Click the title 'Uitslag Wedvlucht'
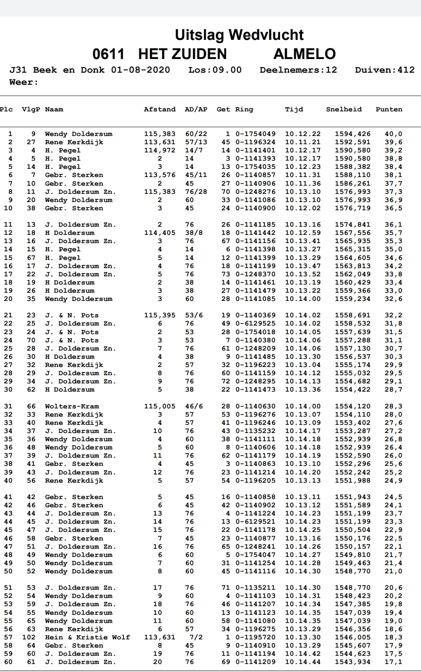[239, 35]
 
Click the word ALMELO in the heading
[304, 54]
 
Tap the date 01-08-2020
[141, 70]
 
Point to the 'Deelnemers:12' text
[298, 70]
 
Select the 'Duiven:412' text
[384, 70]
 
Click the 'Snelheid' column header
[344, 109]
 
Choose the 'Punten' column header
[389, 109]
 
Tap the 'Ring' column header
[244, 109]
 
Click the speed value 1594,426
[353, 134]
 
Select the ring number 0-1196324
[255, 142]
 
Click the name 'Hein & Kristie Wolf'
[87, 637]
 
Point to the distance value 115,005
[159, 406]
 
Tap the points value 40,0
[393, 134]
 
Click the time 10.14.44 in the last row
[303, 662]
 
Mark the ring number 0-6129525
[255, 324]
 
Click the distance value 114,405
[159, 233]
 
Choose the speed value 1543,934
[353, 662]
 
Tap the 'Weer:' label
[24, 82]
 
